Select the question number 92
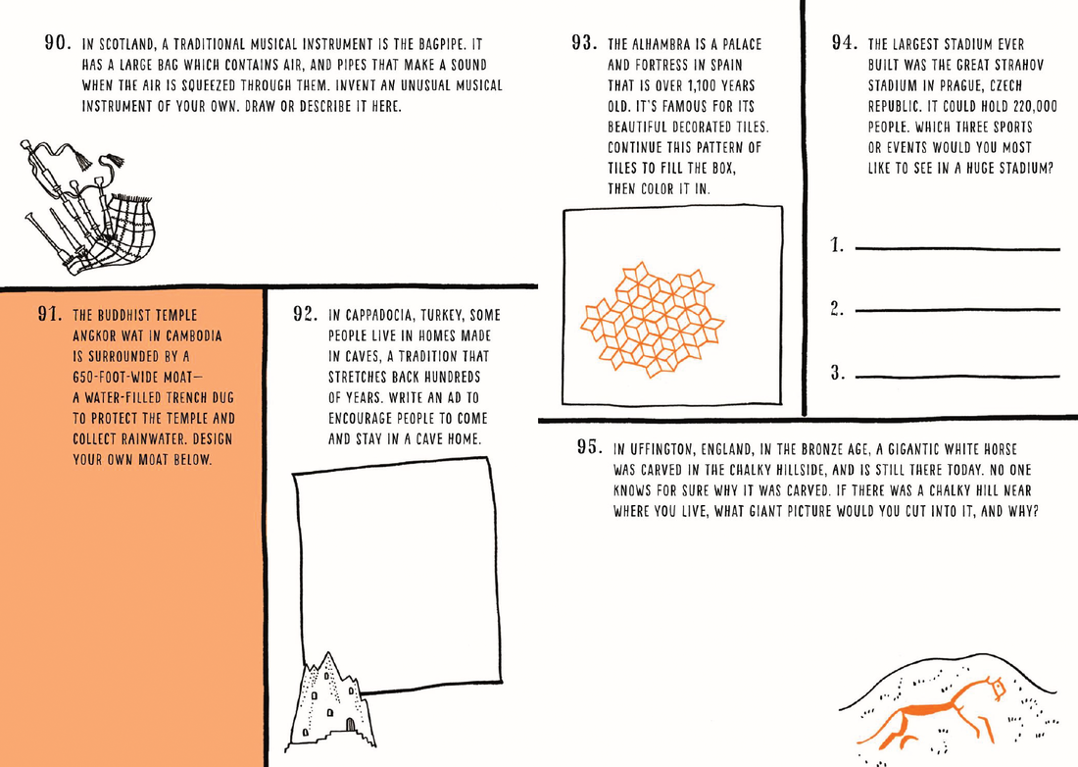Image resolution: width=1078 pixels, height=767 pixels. point(307,315)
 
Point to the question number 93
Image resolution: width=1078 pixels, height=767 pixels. point(585,45)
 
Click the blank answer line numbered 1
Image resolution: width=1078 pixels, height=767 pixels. point(957,249)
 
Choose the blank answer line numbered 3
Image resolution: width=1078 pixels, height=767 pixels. point(957,376)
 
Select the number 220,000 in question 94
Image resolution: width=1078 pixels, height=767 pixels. point(1029,107)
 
